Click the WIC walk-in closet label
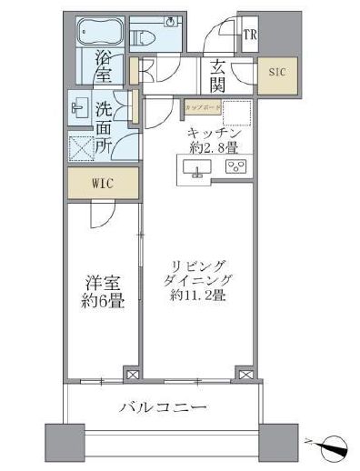[101, 182]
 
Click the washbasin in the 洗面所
[78, 106]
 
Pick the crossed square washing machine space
[79, 145]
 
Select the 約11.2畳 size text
[196, 295]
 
